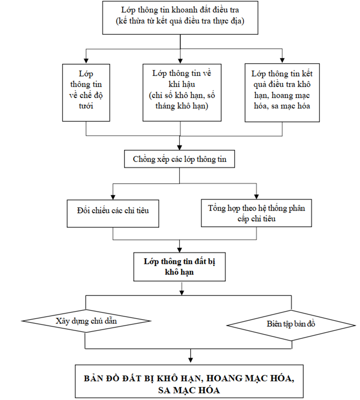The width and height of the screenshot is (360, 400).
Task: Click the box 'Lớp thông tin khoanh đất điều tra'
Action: click(180, 17)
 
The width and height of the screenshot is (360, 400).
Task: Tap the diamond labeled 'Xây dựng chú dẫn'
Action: click(86, 321)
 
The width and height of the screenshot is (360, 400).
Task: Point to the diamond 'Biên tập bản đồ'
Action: click(291, 324)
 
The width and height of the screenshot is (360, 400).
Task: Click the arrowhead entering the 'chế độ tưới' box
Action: click(86, 61)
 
